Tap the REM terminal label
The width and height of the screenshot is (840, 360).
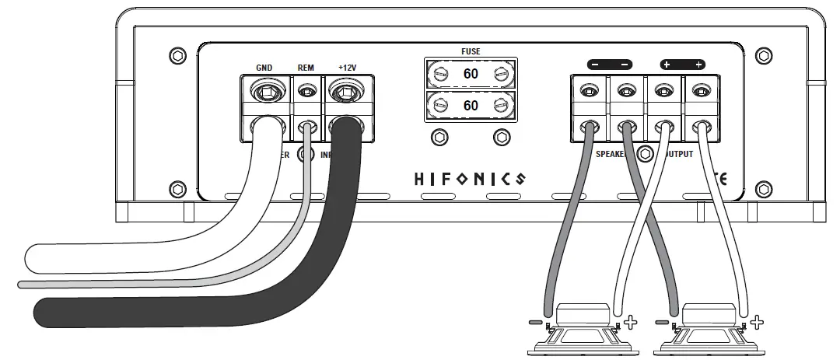306,68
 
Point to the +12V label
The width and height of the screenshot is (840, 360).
347,68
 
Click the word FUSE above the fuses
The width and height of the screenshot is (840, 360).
471,51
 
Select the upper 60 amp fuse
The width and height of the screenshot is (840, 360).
471,75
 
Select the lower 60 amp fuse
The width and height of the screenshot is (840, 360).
471,105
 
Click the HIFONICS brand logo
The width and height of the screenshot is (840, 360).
468,179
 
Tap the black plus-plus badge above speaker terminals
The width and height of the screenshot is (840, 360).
683,65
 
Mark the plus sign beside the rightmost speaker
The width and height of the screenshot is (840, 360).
758,320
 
